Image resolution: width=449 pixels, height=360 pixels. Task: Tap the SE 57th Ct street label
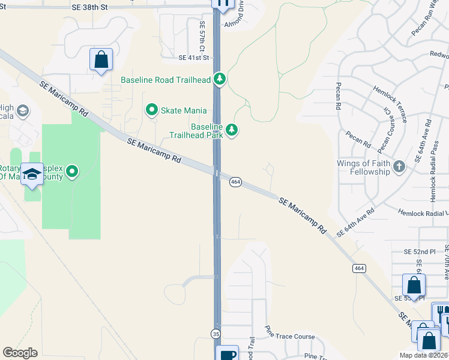point(203,35)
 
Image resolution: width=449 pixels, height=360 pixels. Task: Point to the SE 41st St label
point(193,58)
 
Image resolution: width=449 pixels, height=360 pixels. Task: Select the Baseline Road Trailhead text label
point(166,80)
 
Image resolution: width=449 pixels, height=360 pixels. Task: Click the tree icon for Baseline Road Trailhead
point(220,79)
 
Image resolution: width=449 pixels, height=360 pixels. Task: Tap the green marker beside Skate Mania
point(151,110)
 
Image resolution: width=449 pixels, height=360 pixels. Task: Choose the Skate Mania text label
point(184,110)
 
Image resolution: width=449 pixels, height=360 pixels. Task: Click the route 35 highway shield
point(215,333)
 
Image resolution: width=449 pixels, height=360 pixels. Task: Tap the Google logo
point(20,353)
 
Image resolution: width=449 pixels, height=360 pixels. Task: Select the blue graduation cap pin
point(32,175)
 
